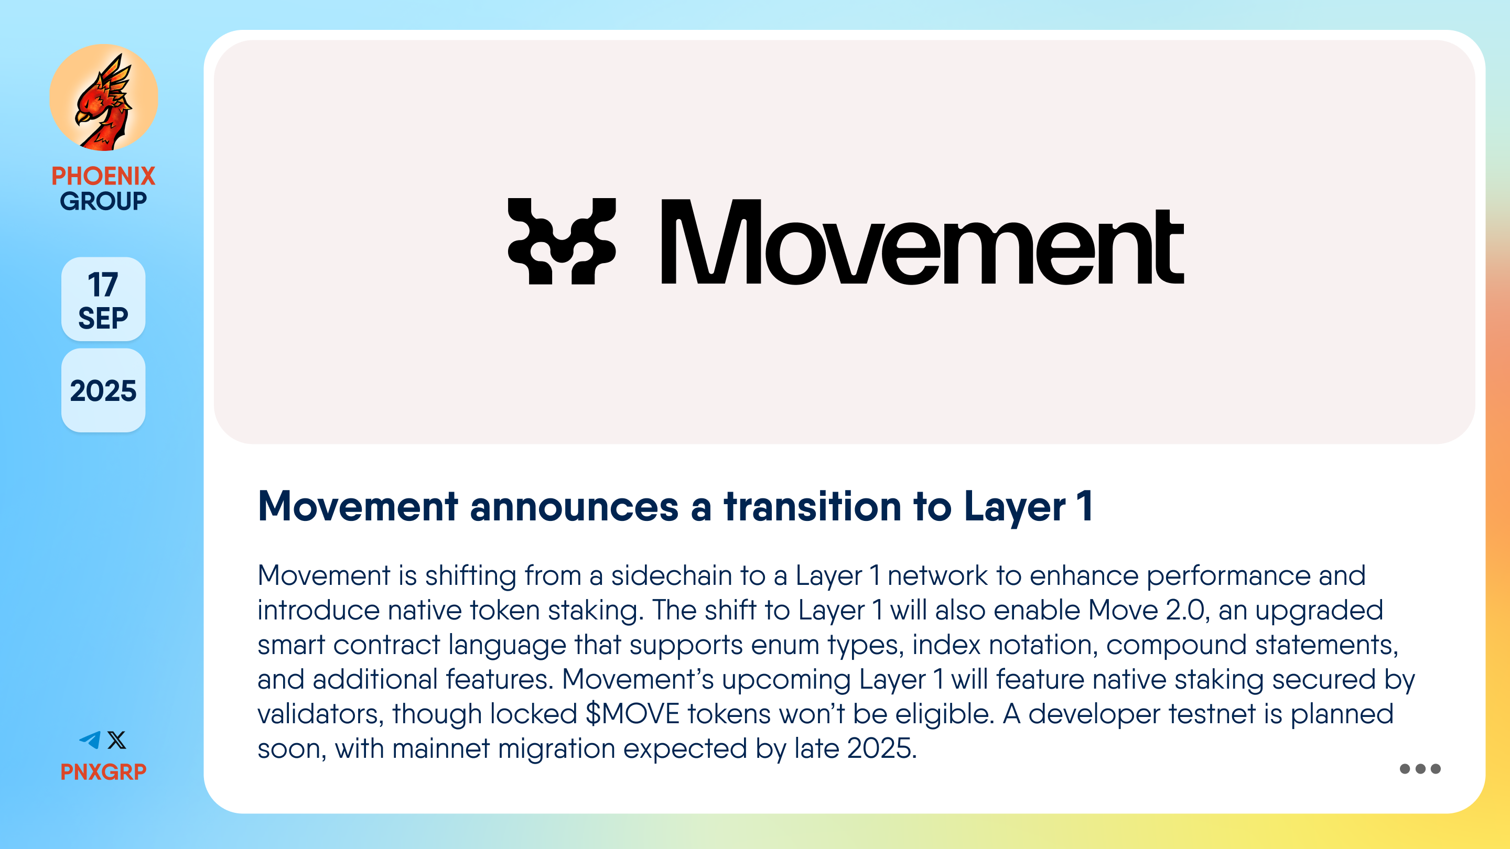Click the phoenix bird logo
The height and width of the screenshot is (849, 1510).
pos(104,98)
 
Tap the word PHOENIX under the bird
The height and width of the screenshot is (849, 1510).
pos(103,176)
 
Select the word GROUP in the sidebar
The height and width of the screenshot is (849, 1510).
pos(103,201)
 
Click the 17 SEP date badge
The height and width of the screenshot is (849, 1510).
pos(103,299)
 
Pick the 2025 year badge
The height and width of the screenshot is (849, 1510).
pos(103,391)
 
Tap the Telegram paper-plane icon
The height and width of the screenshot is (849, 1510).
pos(90,740)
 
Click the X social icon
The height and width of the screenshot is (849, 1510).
pos(116,740)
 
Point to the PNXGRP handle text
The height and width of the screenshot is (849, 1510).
pos(103,771)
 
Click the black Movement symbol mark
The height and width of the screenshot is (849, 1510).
pos(562,242)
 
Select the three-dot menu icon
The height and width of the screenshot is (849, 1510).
pos(1420,769)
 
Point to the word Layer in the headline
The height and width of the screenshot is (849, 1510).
pos(1014,507)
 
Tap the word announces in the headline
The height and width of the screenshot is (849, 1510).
pos(574,507)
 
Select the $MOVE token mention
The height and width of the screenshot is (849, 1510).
pos(632,714)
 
